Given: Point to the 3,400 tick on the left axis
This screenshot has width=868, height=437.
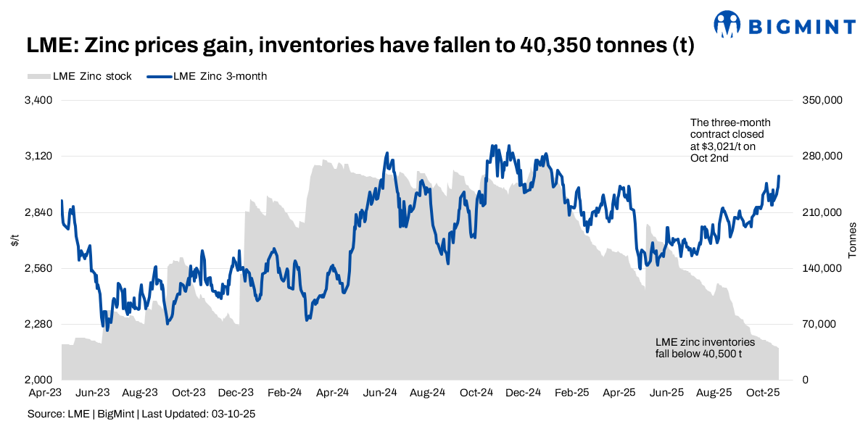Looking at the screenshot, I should coord(38,100).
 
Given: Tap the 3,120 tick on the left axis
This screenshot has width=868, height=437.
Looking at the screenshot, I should coord(38,157).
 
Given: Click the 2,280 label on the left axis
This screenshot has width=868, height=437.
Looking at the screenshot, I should coord(38,325).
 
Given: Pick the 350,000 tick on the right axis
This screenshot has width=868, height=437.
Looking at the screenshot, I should coord(824,100).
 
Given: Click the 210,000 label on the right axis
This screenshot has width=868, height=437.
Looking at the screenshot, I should coord(824,212).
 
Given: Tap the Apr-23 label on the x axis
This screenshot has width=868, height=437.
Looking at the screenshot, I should coord(44,393).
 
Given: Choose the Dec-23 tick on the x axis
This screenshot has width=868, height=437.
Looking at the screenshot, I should coord(236,393).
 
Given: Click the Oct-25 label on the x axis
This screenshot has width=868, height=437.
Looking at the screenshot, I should coord(762,393).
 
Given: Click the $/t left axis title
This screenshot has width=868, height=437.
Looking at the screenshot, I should coord(15,240).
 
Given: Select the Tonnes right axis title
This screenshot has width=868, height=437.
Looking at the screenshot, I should coord(853,240).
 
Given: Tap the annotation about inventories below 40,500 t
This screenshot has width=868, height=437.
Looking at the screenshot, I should coord(705,348).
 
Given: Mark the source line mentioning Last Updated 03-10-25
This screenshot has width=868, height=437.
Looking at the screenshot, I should coord(141,415).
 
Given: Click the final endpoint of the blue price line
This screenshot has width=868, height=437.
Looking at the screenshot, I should coord(779,176).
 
